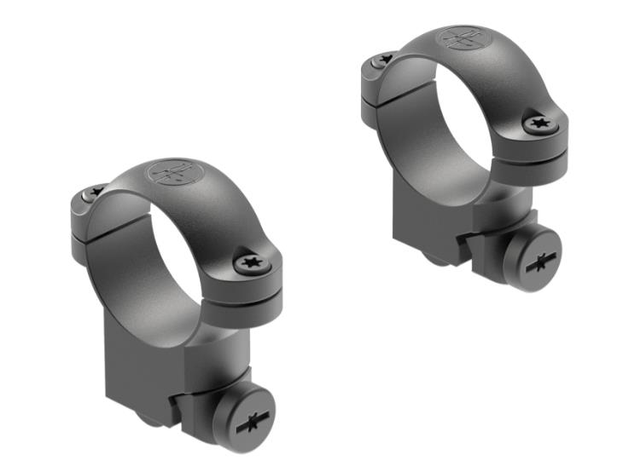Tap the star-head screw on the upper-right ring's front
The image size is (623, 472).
coord(540,124)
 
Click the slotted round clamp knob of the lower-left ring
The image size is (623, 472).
coord(243,417)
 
